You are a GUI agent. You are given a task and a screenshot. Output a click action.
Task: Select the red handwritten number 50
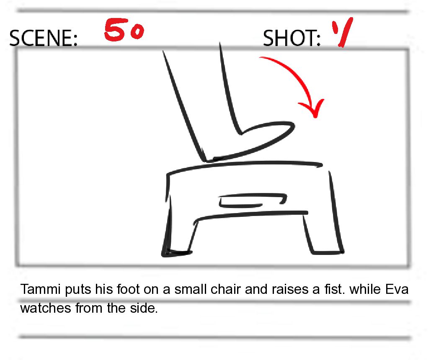(124, 30)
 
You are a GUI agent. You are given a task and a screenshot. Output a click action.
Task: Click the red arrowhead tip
(315, 117)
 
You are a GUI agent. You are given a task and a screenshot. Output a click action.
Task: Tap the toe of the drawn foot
(293, 126)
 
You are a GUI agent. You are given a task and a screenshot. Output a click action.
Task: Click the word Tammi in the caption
(40, 289)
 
